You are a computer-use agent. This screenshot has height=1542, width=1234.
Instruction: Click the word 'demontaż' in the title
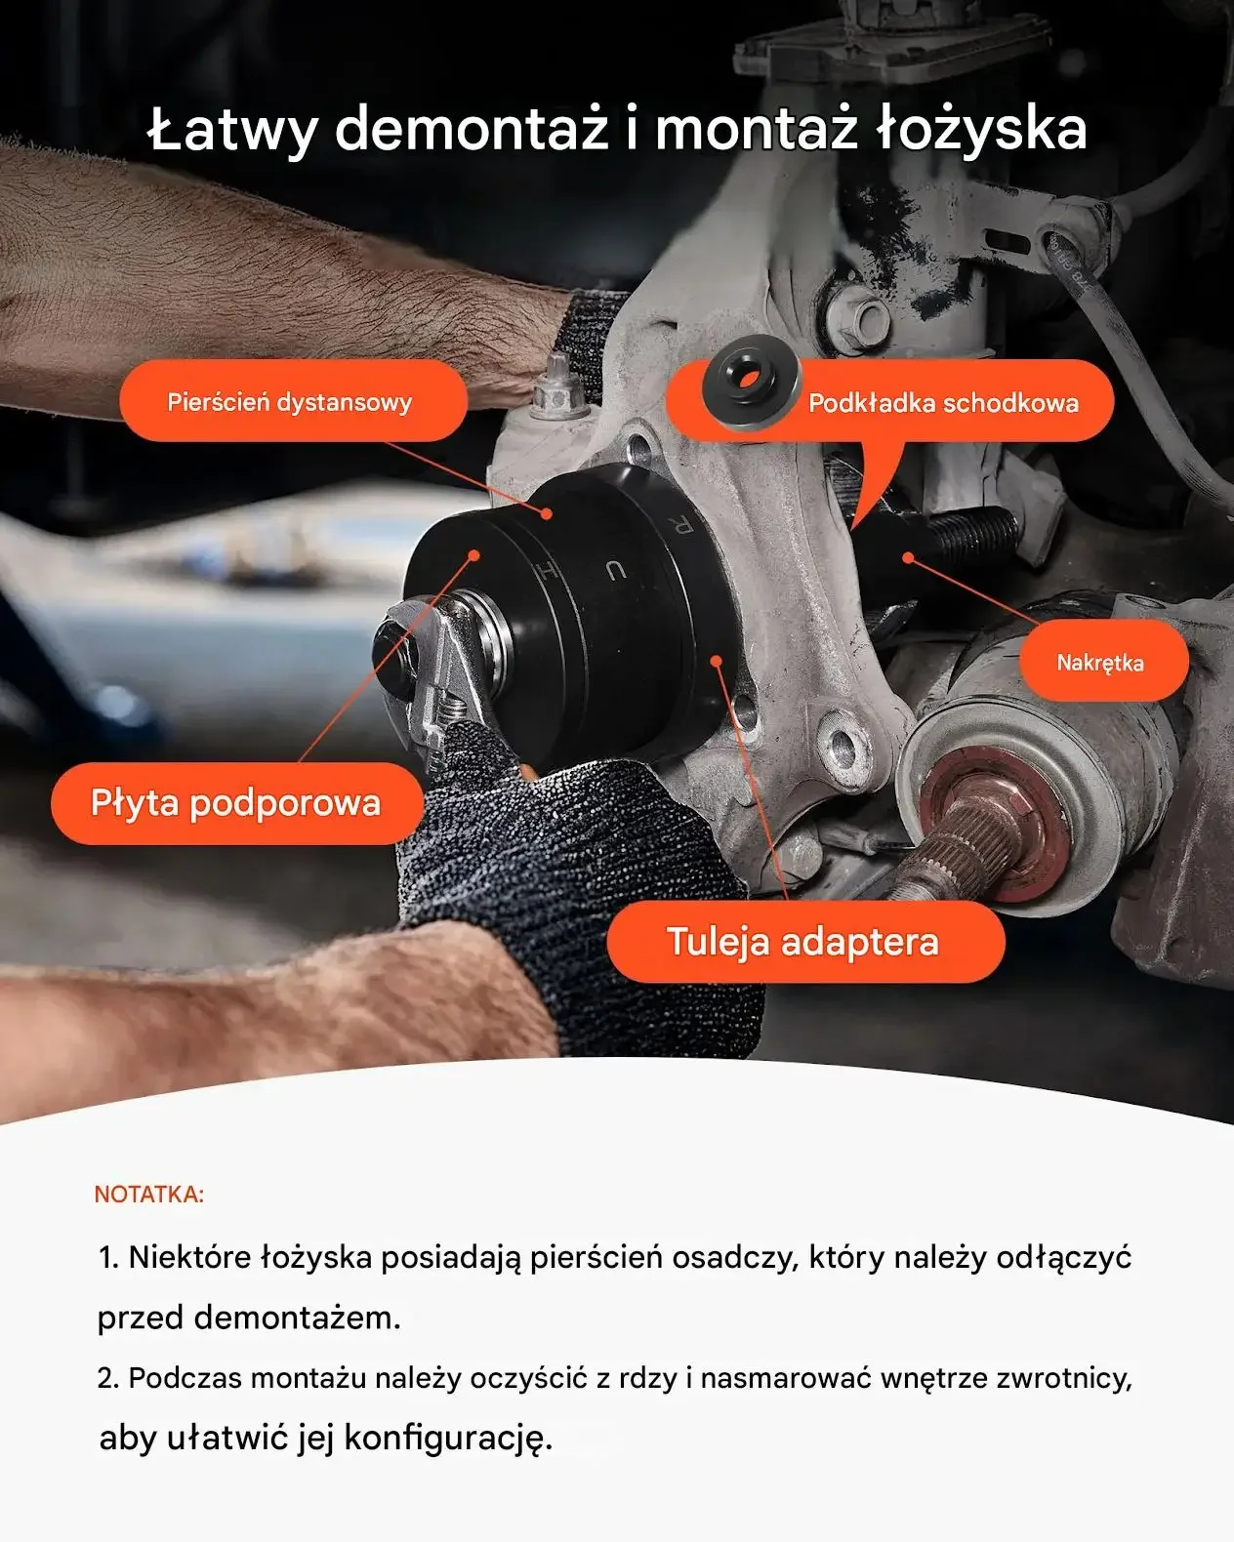point(472,129)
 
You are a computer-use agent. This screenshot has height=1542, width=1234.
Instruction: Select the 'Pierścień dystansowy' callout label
point(293,400)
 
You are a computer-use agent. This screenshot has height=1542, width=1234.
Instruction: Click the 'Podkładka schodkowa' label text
point(943,403)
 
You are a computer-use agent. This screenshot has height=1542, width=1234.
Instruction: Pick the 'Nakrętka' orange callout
point(1104,661)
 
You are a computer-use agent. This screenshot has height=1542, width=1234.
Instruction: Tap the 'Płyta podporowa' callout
point(236,802)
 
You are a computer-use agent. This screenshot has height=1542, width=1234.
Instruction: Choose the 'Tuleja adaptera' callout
point(805,941)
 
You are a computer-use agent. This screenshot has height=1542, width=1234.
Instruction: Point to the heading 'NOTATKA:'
point(149,1195)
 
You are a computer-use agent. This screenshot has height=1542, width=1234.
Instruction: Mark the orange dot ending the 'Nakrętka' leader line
point(908,556)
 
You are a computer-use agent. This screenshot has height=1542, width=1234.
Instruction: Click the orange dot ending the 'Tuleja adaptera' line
point(716,661)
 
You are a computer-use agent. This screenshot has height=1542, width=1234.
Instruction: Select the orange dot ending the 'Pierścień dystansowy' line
point(547,513)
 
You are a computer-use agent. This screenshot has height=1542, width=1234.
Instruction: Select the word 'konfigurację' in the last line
point(448,1438)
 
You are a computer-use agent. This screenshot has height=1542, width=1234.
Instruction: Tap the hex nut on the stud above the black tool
point(557,397)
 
